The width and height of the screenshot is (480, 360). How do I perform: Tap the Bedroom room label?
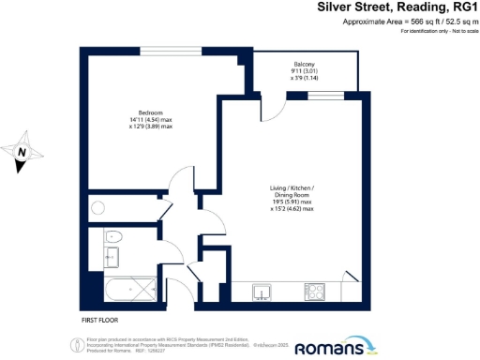click(139, 112)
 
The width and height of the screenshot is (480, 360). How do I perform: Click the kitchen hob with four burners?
click(317, 292)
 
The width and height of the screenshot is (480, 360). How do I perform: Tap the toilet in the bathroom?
click(112, 237)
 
